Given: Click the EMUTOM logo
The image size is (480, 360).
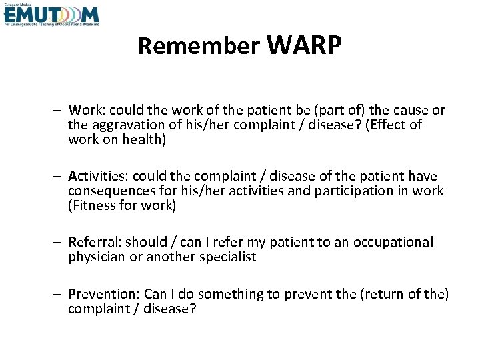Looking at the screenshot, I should [51, 15].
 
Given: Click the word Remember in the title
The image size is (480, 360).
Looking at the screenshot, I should [199, 47].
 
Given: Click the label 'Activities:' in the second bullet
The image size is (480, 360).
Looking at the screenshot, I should [99, 176].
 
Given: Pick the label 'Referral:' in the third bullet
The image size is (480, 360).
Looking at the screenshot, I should [95, 242].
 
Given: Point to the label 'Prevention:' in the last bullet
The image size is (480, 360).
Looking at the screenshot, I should [103, 295].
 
